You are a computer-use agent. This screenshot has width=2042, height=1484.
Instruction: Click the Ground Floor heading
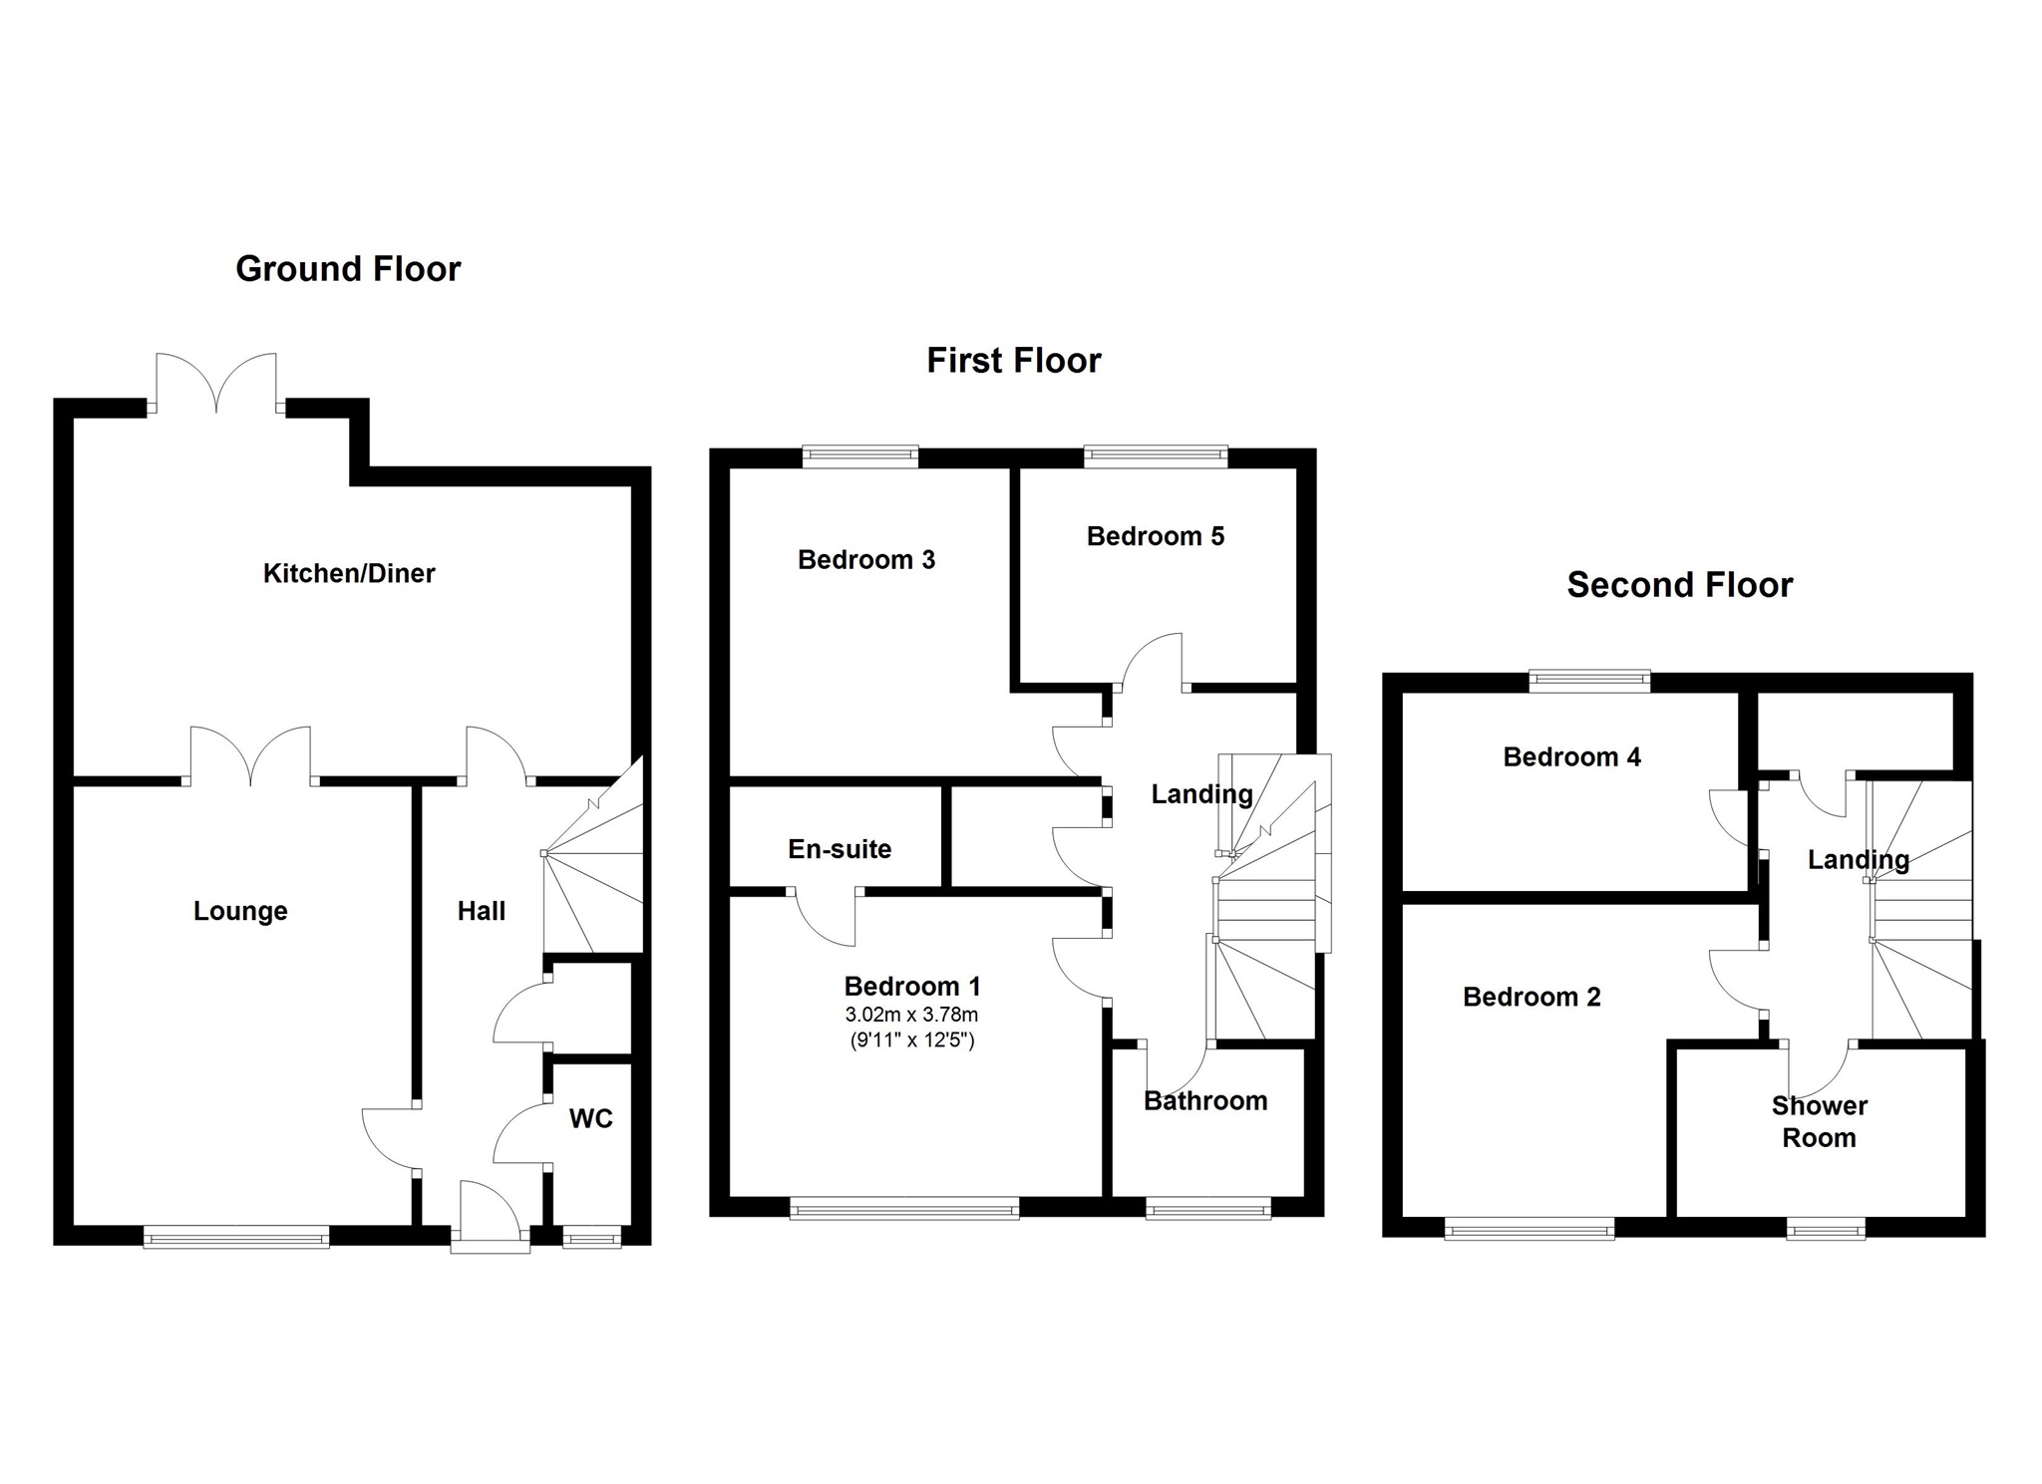pyautogui.click(x=348, y=269)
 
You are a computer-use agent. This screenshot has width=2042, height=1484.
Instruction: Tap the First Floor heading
pyautogui.click(x=1013, y=361)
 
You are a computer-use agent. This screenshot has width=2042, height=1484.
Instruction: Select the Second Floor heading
pyautogui.click(x=1679, y=585)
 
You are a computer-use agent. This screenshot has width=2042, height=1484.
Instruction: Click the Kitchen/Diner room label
pyautogui.click(x=349, y=573)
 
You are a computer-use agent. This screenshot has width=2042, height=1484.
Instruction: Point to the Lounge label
pyautogui.click(x=240, y=911)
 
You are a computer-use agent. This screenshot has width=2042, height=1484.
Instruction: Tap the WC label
pyautogui.click(x=590, y=1118)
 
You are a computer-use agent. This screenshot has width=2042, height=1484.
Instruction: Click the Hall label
pyautogui.click(x=481, y=911)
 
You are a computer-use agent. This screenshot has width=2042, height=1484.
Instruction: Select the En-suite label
pyautogui.click(x=840, y=849)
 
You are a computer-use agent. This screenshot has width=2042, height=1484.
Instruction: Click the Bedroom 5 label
pyautogui.click(x=1155, y=536)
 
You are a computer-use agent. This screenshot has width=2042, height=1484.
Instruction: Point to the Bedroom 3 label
pyautogui.click(x=866, y=560)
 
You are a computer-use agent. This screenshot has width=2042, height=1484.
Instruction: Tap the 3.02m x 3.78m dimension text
pyautogui.click(x=911, y=1016)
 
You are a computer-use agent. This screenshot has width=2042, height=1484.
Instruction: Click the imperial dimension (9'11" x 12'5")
pyautogui.click(x=911, y=1041)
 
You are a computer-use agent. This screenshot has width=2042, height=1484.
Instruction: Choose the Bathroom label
pyautogui.click(x=1205, y=1101)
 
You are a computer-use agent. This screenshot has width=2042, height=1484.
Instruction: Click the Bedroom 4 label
pyautogui.click(x=1571, y=757)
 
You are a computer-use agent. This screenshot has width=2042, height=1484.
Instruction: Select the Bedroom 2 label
pyautogui.click(x=1531, y=997)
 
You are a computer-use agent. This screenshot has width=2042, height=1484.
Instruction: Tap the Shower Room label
pyautogui.click(x=1819, y=1121)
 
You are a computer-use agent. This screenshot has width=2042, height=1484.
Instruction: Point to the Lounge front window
pyautogui.click(x=236, y=1237)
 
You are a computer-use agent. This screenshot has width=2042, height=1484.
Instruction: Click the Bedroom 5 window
pyautogui.click(x=1156, y=456)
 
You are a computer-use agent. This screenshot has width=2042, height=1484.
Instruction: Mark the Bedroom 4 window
pyautogui.click(x=1589, y=682)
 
